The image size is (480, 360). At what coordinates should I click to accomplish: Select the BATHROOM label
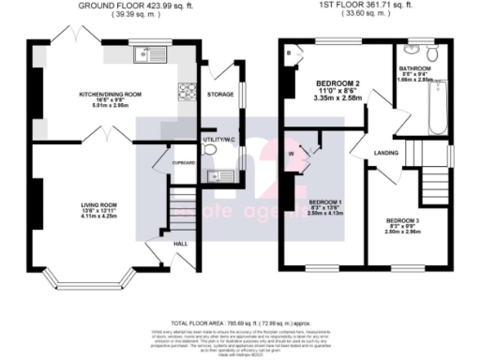[x=413, y=68]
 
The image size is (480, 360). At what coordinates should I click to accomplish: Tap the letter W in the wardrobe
[x=292, y=153]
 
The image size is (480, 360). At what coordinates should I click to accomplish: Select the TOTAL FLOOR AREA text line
[x=240, y=321]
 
